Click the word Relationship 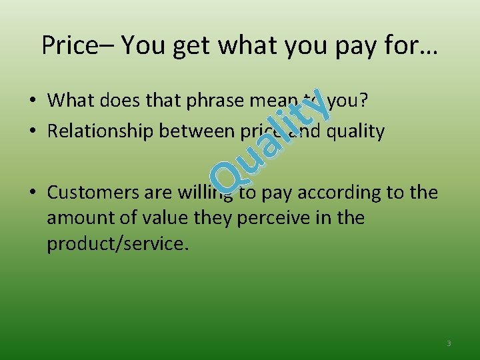101,131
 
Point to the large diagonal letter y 317,106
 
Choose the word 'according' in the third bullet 340,193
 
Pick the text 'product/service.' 118,244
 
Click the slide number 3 449,343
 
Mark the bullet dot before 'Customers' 32,193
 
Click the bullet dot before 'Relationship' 32,132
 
